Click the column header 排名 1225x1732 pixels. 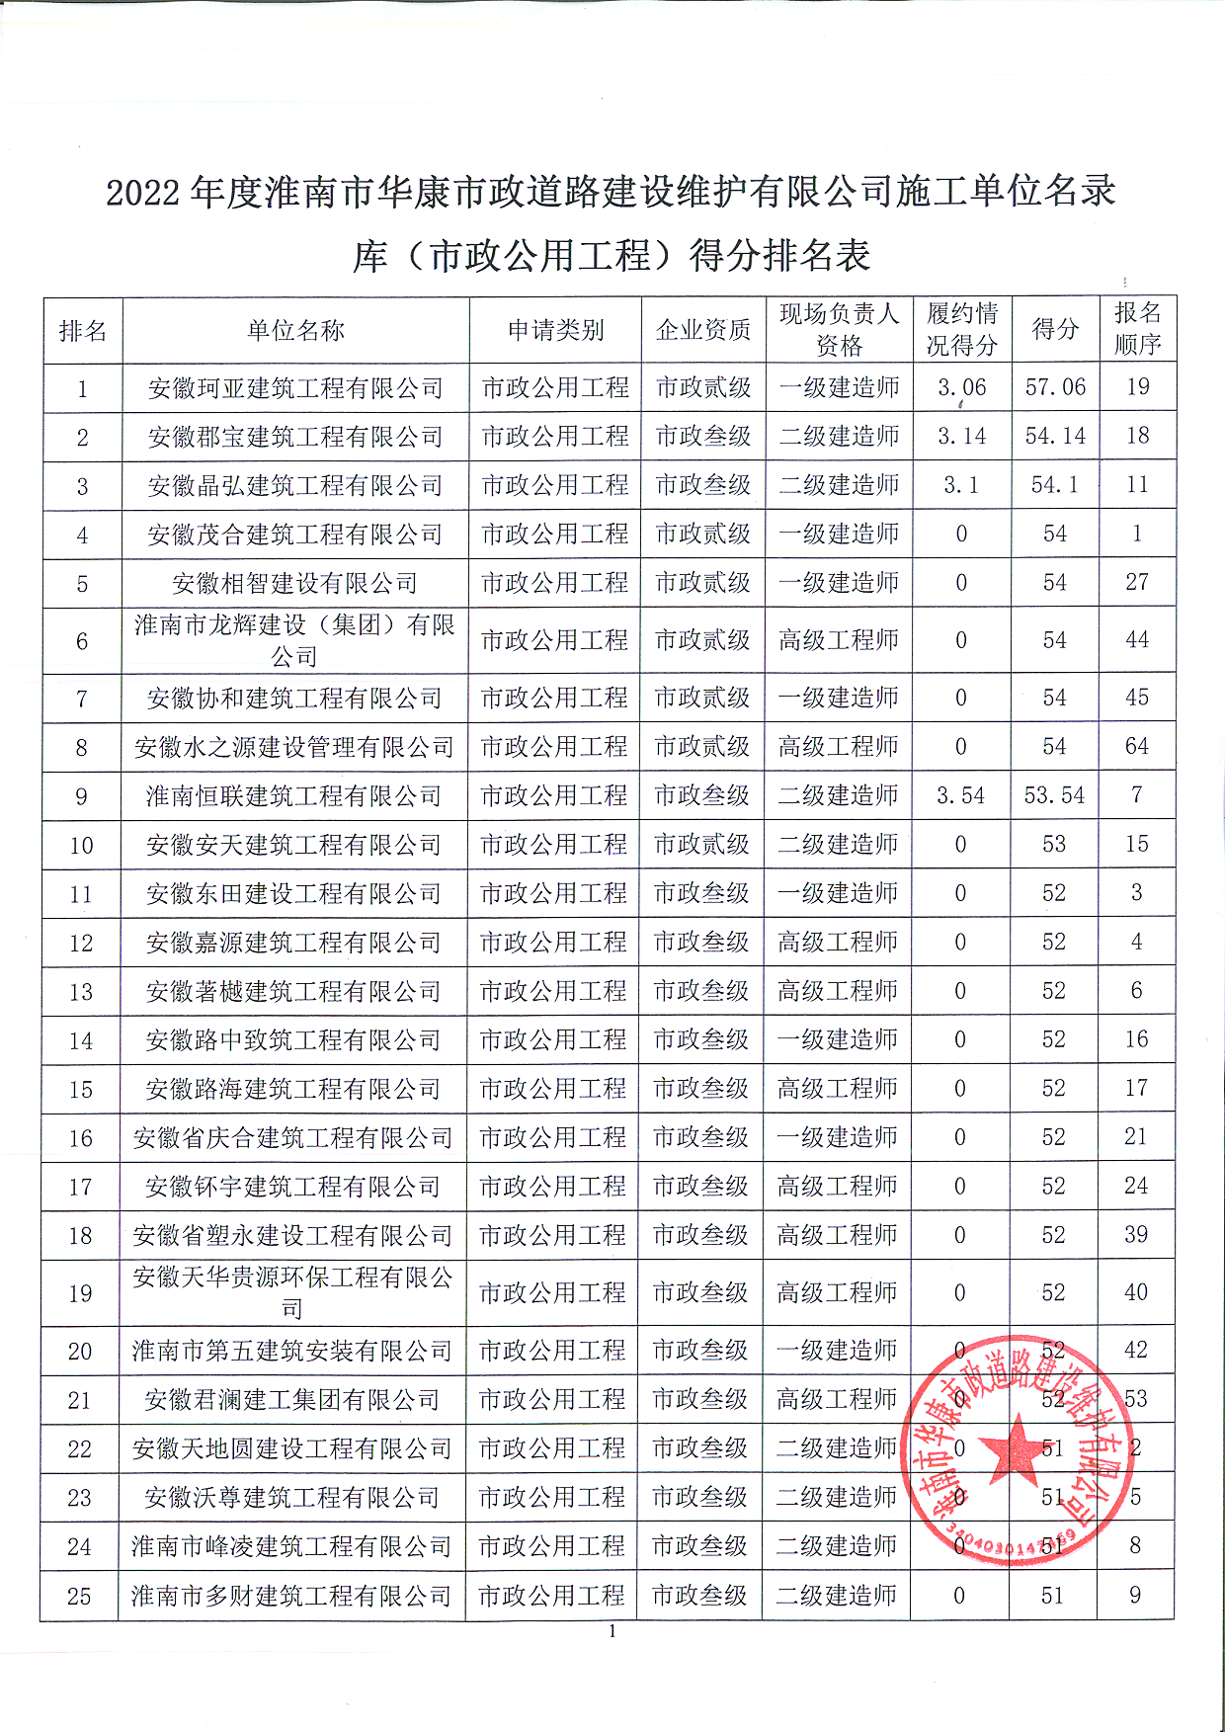[83, 331]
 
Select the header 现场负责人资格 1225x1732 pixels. [839, 330]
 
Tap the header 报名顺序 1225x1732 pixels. [1137, 329]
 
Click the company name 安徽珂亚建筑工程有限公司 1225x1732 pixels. [295, 388]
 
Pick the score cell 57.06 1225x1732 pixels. [1055, 387]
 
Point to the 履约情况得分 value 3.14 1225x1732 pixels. [961, 436]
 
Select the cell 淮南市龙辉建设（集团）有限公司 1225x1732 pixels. [294, 640]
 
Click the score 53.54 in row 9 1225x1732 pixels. [1054, 795]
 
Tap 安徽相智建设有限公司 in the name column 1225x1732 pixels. [295, 583]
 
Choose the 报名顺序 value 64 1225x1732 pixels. [1137, 747]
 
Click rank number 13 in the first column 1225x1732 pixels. [81, 992]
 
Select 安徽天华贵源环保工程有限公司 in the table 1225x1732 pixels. [292, 1292]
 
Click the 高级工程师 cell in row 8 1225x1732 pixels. [838, 747]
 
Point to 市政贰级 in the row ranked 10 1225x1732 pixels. [702, 845]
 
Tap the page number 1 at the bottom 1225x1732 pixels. [612, 1631]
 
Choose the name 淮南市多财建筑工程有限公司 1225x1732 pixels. [291, 1596]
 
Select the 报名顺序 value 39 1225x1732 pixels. [1136, 1235]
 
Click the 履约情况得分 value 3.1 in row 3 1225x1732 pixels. [961, 485]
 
